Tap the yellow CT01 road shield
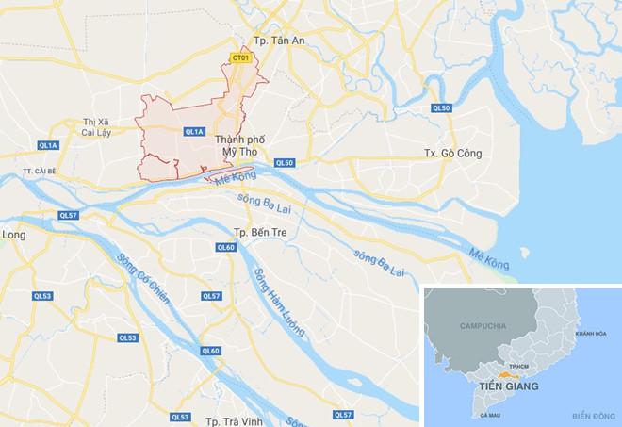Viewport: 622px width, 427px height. coord(240,58)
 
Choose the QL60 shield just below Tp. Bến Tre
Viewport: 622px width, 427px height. coord(225,247)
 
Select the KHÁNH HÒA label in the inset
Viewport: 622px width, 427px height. coord(582,335)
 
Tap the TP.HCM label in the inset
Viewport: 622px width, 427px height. coord(518,365)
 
